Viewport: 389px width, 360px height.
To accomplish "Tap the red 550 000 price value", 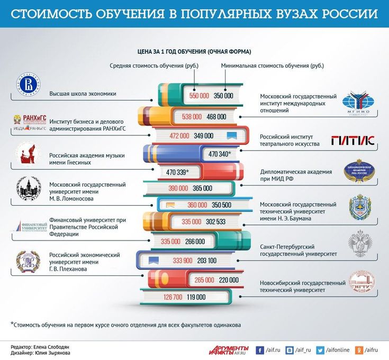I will coord(200,96).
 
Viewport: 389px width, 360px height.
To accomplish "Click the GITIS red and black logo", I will coord(352,140).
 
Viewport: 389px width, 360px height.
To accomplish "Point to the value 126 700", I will coord(173,297).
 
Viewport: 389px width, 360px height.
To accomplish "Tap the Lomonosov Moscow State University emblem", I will coord(27,190).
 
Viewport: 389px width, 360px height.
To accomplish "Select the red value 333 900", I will coord(183,261).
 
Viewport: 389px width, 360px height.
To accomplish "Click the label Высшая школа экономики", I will coord(83,94).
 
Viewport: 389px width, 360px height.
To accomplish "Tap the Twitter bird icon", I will coord(320,349).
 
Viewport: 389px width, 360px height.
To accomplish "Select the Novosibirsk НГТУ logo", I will coord(361,283).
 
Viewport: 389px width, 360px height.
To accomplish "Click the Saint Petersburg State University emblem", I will coord(360,243).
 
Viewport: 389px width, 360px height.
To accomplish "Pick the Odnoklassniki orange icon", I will coord(358,349).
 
